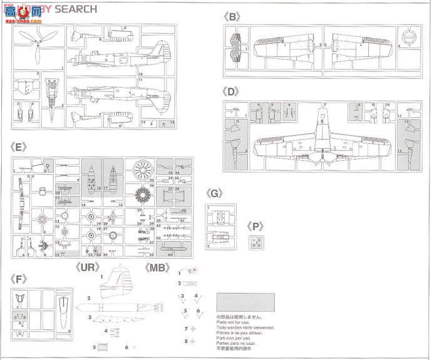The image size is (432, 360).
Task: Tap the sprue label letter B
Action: click(x=234, y=18)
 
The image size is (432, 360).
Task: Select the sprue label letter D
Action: click(x=234, y=91)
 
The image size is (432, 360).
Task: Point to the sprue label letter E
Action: click(x=21, y=148)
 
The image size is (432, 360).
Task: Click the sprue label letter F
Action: click(x=21, y=277)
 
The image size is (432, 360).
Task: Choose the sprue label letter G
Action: click(x=215, y=193)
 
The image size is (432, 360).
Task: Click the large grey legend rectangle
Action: click(x=244, y=302)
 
